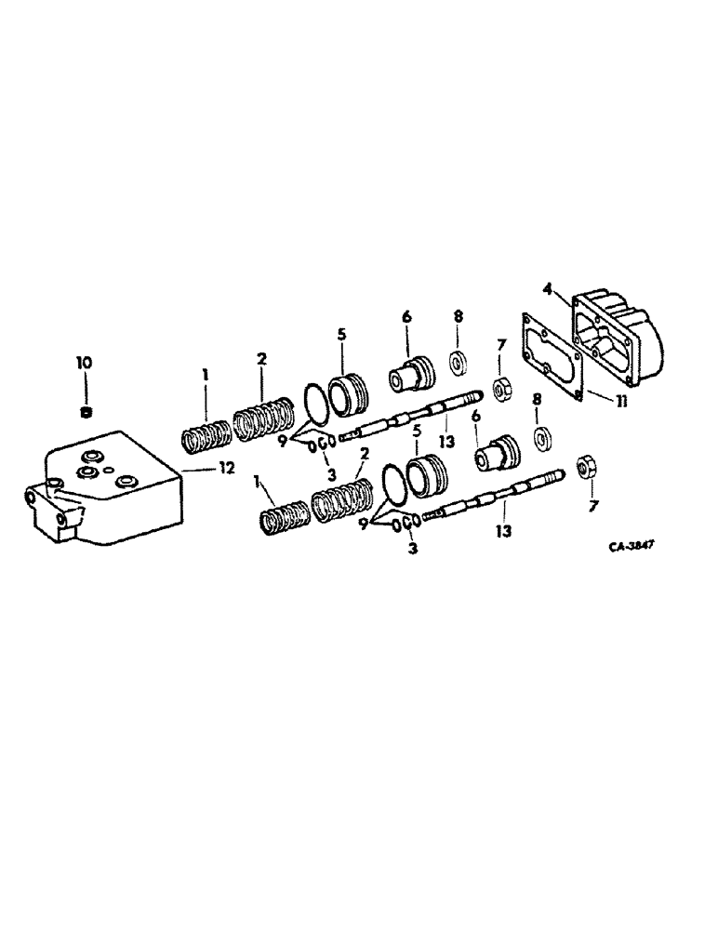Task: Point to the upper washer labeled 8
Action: coord(458,361)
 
